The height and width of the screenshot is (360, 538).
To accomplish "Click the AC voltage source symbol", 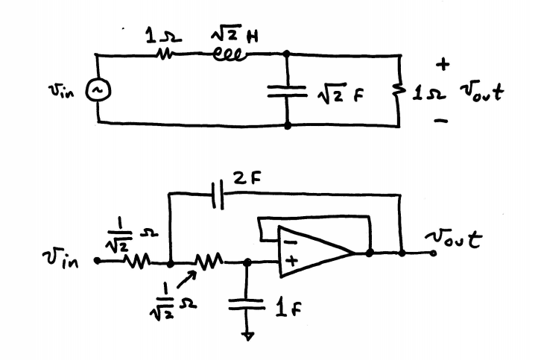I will (97, 91).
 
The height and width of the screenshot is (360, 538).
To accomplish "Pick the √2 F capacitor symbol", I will (288, 91).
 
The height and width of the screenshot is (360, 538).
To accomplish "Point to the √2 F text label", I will (331, 92).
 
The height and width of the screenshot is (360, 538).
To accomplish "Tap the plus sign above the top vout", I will (444, 66).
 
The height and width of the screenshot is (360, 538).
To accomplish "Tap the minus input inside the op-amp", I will (290, 241).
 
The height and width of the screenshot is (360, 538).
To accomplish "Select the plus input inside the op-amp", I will (290, 262).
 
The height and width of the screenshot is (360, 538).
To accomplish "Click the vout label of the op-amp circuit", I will (452, 239).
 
